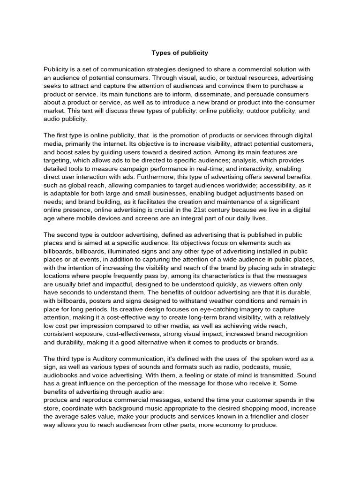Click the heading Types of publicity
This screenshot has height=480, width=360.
tap(180, 52)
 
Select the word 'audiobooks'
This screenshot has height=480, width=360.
tap(61, 375)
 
